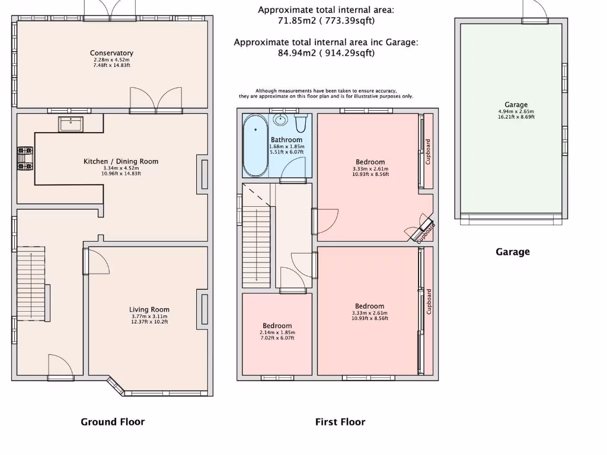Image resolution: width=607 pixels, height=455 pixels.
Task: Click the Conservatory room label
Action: click(111, 53)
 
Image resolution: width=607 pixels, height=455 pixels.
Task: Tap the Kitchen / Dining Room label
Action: click(121, 161)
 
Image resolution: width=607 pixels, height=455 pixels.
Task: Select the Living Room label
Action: click(149, 309)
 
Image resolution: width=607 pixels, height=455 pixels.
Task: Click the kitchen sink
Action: click(71, 124)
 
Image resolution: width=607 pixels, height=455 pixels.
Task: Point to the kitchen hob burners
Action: click(25, 159)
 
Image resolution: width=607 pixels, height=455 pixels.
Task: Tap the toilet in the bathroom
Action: click(301, 122)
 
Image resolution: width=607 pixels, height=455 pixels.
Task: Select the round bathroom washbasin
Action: click(280, 120)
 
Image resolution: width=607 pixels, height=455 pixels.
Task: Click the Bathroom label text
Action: click(286, 140)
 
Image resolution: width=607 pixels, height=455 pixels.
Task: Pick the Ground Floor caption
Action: click(113, 422)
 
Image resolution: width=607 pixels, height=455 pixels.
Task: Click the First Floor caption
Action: click(340, 422)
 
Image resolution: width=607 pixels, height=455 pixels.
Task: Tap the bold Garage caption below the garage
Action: click(513, 252)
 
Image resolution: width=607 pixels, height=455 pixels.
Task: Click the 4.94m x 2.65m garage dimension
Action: click(516, 111)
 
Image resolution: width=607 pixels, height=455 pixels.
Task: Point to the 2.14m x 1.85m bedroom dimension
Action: click(277, 332)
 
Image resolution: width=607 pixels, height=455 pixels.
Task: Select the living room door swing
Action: click(97, 261)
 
